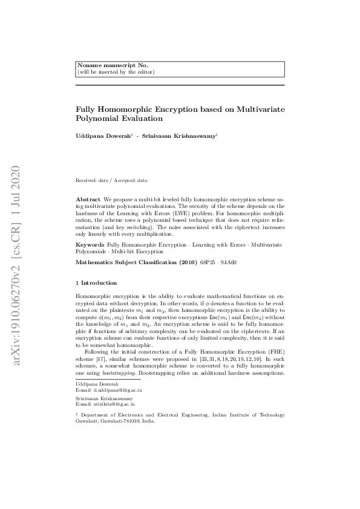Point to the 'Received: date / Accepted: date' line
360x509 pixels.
(x=111, y=181)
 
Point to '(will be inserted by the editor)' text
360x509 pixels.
(x=116, y=72)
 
